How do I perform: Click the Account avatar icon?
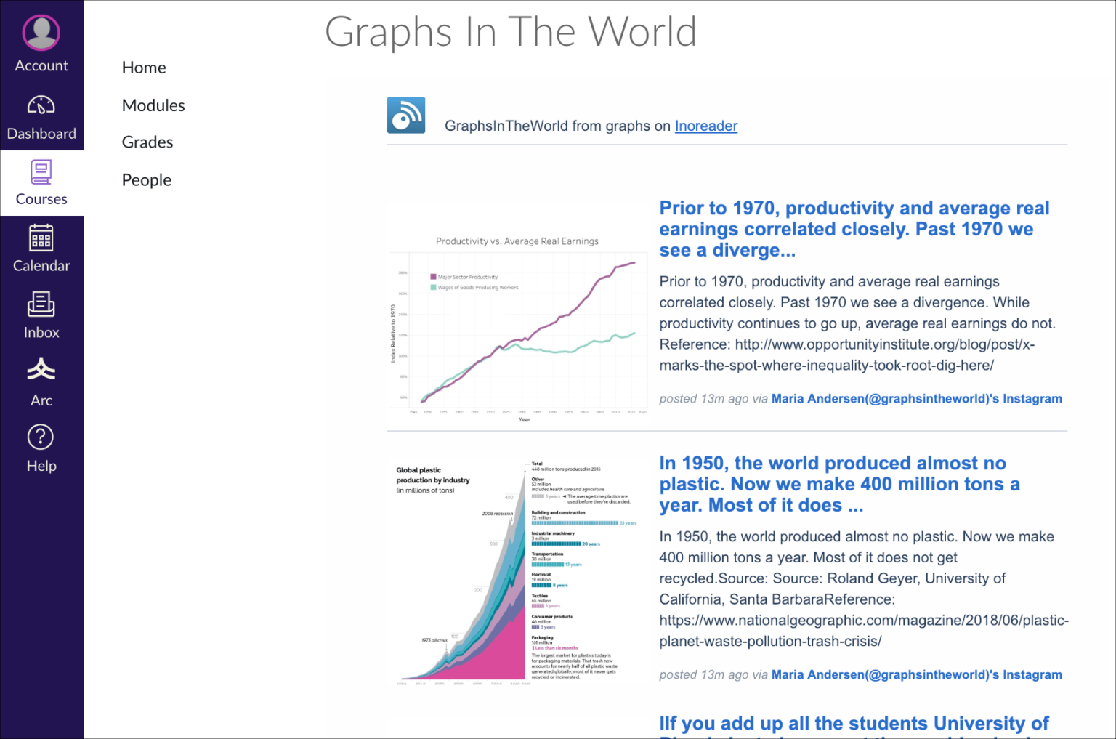tap(41, 33)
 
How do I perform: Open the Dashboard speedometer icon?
tap(41, 106)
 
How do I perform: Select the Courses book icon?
tap(41, 172)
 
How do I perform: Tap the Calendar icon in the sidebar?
tap(41, 238)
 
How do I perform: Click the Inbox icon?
tap(41, 304)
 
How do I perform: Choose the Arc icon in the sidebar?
tap(41, 370)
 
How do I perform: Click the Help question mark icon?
tap(41, 437)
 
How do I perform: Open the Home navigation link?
tap(144, 68)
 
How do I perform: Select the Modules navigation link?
tap(153, 105)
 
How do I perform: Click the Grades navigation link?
tap(147, 142)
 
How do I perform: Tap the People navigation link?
tap(147, 180)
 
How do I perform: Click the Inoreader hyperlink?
tap(705, 126)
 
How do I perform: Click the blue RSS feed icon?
tap(406, 116)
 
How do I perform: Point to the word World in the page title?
tap(642, 32)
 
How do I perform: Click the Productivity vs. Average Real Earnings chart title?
tap(517, 241)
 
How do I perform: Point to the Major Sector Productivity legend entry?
tap(467, 277)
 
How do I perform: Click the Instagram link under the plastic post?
tap(916, 674)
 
